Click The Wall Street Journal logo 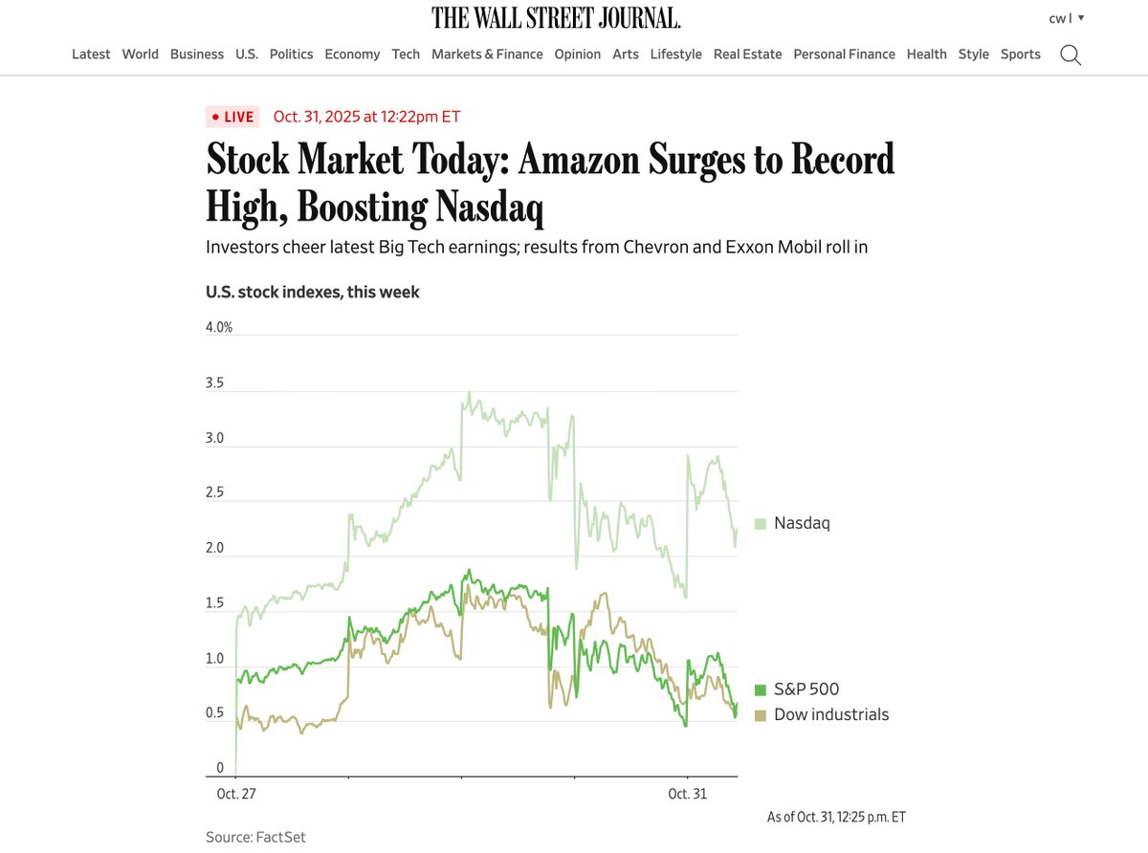tap(556, 18)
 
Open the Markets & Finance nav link tap(487, 55)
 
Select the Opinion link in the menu tap(578, 55)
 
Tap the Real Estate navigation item tap(747, 55)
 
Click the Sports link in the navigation tap(1020, 55)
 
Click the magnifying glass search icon tap(1071, 55)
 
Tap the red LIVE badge tap(232, 117)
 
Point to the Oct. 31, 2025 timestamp tap(366, 117)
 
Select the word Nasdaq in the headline tap(488, 207)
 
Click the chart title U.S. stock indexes tap(312, 292)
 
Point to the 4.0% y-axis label tap(219, 327)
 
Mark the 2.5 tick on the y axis tap(215, 492)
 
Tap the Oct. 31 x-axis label tap(687, 794)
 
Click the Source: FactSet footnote tap(255, 837)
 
